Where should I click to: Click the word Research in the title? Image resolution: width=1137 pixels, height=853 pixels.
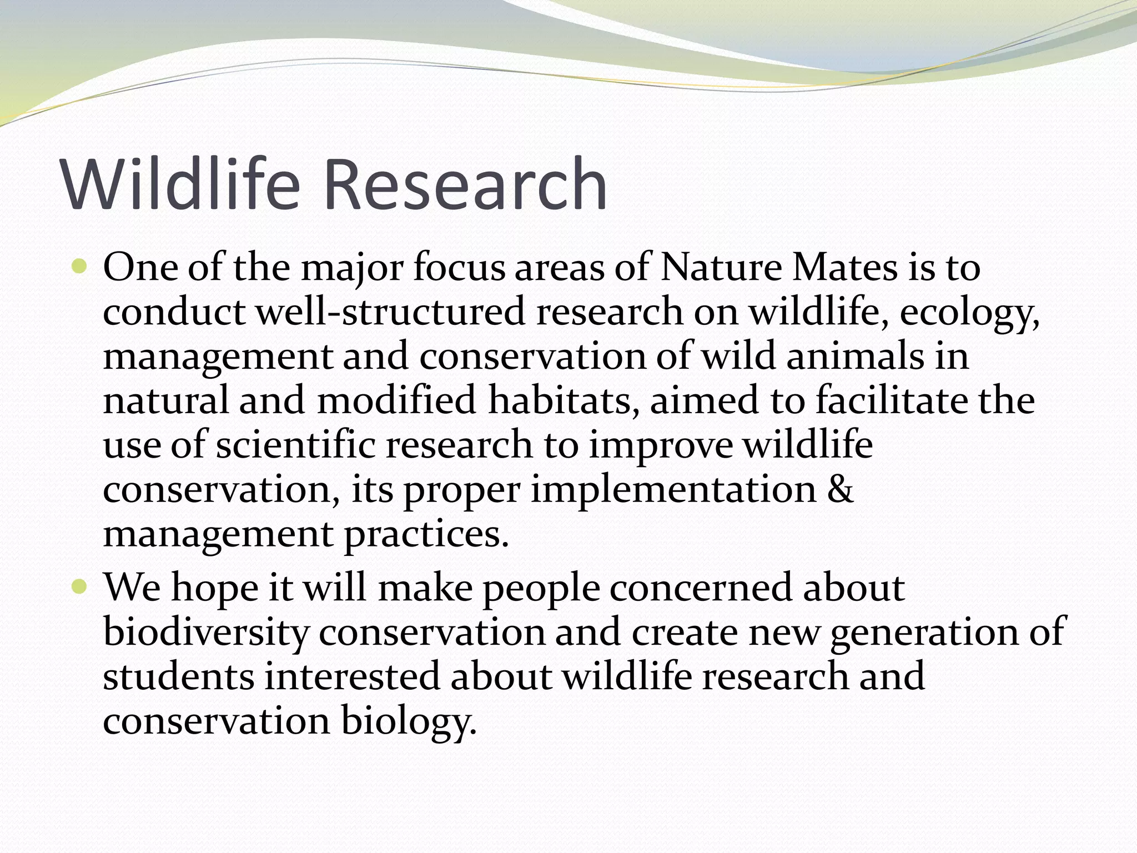pos(465,184)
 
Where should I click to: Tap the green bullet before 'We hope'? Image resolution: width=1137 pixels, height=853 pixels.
pos(80,588)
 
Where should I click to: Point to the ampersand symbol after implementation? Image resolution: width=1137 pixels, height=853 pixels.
pos(840,490)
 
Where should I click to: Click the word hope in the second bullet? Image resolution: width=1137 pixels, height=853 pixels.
pos(214,589)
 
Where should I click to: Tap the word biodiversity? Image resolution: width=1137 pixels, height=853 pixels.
pos(205,633)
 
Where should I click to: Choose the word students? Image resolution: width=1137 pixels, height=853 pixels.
pos(179,676)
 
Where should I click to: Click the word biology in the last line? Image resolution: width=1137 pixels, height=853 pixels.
pos(408,722)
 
